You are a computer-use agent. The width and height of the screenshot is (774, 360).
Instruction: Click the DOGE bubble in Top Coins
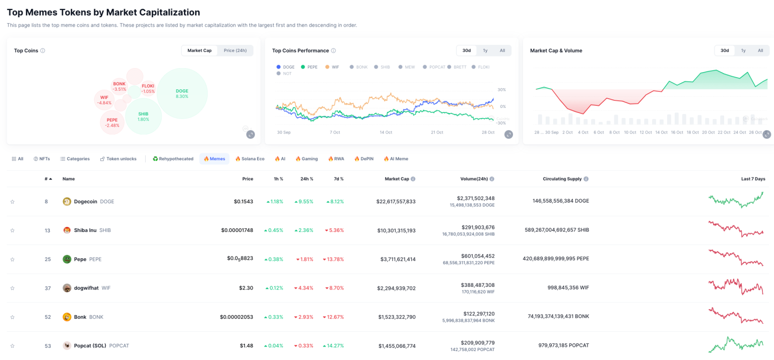182,94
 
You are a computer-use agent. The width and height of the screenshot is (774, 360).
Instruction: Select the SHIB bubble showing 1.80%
143,116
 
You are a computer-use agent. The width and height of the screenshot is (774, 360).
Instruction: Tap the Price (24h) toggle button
235,50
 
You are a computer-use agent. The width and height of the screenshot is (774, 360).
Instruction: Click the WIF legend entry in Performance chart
332,67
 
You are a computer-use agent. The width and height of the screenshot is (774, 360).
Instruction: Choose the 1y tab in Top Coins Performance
485,50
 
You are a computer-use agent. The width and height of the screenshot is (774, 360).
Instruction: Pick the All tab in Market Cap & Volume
760,50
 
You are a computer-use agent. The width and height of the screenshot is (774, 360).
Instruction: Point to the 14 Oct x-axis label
386,132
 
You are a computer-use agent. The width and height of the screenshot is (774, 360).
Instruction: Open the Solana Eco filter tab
250,159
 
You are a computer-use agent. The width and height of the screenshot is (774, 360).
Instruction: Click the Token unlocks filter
118,159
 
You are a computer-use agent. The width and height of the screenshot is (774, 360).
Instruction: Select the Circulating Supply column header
562,179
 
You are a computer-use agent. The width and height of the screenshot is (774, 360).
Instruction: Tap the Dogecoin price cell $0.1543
243,202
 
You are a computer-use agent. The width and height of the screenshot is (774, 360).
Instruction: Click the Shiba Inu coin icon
67,230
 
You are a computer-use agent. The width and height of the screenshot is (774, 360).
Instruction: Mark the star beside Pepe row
13,260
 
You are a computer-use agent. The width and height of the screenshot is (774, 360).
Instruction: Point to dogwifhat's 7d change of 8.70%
334,288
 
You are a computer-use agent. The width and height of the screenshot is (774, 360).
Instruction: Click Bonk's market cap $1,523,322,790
397,317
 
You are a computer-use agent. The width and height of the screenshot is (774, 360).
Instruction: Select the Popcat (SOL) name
90,346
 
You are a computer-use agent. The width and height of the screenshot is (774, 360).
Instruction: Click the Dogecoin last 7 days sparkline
736,200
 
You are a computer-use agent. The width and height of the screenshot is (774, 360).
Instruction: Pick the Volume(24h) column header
474,179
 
